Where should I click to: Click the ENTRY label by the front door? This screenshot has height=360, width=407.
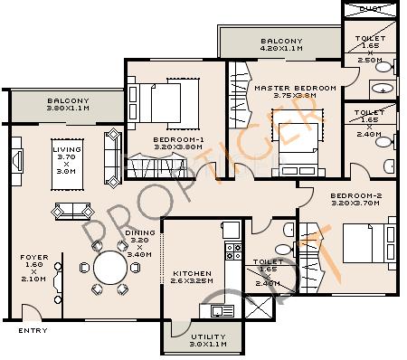[33, 331]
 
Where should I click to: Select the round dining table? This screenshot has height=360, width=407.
[111, 269]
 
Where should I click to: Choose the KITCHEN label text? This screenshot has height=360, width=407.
[193, 273]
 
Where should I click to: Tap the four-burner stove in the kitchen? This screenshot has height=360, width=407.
[232, 251]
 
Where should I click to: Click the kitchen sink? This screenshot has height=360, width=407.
[220, 310]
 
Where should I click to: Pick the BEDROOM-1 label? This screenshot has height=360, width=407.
[176, 139]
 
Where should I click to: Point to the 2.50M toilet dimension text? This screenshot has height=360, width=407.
[369, 59]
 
